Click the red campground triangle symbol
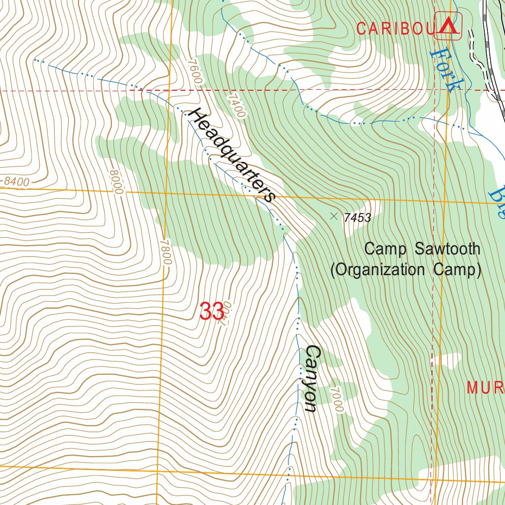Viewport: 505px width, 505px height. point(448,27)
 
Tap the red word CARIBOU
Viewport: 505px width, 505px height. point(394,29)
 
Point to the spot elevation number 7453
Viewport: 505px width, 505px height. point(358,217)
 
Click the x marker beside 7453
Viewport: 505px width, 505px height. point(334,216)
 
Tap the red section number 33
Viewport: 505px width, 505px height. point(212,312)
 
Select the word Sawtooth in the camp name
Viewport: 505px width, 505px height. point(447,249)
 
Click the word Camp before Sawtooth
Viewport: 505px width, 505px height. point(386,249)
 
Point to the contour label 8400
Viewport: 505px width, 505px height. point(16,182)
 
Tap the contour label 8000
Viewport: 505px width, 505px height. point(115,182)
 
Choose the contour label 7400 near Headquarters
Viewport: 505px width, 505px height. point(236,106)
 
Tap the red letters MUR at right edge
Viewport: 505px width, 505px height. point(485,388)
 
